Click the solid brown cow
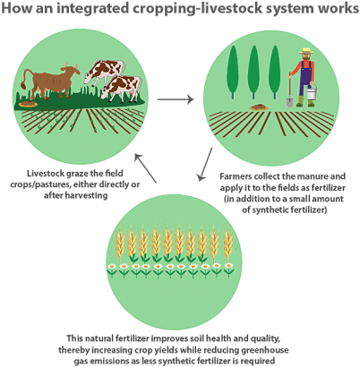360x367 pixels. (x=51, y=82)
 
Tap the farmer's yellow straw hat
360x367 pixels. (x=306, y=51)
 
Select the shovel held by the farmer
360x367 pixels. (x=289, y=90)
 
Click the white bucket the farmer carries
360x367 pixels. (x=312, y=92)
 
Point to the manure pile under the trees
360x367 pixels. (x=259, y=107)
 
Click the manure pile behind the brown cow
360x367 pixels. (x=28, y=104)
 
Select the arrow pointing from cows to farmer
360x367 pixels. (x=176, y=99)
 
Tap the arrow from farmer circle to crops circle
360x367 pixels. (x=205, y=164)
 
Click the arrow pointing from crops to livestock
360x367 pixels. (x=145, y=167)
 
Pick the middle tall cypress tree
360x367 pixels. (x=253, y=72)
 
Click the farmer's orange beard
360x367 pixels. (x=306, y=57)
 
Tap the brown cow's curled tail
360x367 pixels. (x=28, y=78)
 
